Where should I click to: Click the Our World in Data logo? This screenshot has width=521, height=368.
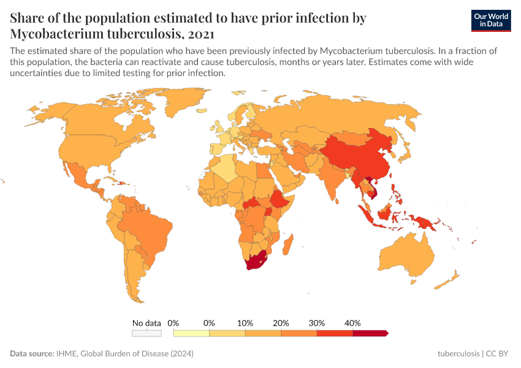[490, 20]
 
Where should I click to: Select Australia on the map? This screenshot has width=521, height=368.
[406, 255]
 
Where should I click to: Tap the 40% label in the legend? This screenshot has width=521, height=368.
[352, 323]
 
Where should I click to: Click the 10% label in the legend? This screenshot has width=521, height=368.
[245, 323]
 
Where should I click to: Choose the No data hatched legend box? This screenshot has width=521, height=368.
[147, 333]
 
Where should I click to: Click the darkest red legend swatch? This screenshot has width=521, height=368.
[370, 333]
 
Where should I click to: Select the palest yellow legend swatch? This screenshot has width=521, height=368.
[191, 333]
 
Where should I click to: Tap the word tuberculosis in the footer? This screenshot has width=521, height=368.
[458, 354]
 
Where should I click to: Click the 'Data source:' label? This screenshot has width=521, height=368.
[32, 354]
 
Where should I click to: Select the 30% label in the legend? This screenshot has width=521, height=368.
[317, 323]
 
